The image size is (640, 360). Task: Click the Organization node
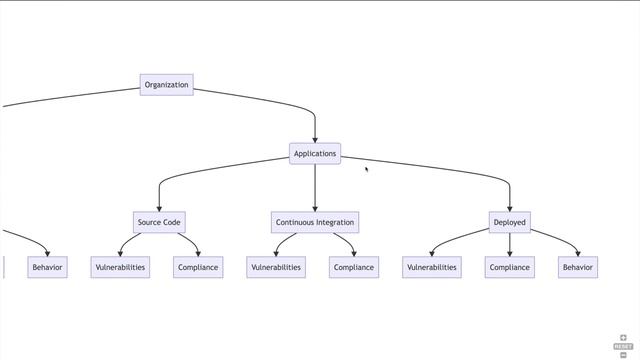pyautogui.click(x=166, y=85)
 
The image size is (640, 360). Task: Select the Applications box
pyautogui.click(x=315, y=154)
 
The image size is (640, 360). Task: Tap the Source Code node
pyautogui.click(x=159, y=222)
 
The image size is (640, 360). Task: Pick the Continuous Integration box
pyautogui.click(x=315, y=222)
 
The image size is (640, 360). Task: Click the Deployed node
pyautogui.click(x=509, y=222)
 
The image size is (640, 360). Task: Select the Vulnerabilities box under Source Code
pyautogui.click(x=120, y=267)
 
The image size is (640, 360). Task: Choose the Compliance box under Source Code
pyautogui.click(x=198, y=267)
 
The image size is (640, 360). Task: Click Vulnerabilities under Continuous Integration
pyautogui.click(x=275, y=267)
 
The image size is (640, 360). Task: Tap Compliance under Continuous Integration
pyautogui.click(x=353, y=267)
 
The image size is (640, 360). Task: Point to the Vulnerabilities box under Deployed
pyautogui.click(x=432, y=267)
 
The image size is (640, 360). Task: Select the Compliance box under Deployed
pyautogui.click(x=509, y=267)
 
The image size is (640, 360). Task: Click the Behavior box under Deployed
pyautogui.click(x=577, y=267)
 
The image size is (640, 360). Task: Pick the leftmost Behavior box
pyautogui.click(x=47, y=267)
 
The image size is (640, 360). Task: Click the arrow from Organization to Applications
pyautogui.click(x=285, y=100)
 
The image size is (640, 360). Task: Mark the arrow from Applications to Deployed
pyautogui.click(x=450, y=171)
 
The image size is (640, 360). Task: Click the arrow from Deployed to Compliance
pyautogui.click(x=509, y=244)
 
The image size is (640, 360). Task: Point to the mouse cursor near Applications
pyautogui.click(x=366, y=169)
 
